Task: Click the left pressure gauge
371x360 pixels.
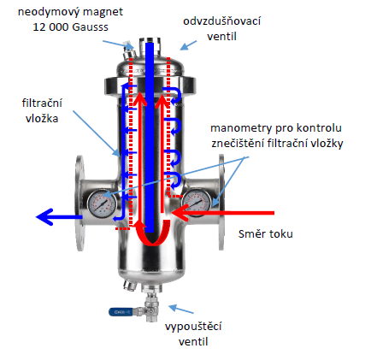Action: tap(102, 204)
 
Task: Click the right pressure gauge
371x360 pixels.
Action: tap(197, 203)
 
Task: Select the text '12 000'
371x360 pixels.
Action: tap(50, 27)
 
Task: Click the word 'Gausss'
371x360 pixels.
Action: tap(90, 27)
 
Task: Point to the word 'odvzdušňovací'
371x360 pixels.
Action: tap(221, 21)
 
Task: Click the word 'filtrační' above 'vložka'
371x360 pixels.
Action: tap(42, 103)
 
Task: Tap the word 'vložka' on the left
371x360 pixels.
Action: tap(42, 118)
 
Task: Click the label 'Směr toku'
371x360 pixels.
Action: tap(266, 233)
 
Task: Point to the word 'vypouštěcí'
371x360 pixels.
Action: tap(193, 326)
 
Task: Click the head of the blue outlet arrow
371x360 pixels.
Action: tap(45, 217)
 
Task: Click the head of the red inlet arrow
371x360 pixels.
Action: tap(180, 213)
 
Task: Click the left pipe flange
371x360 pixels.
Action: tap(80, 203)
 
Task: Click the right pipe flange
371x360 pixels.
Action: tap(221, 203)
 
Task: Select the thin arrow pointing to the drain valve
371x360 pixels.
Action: tap(181, 310)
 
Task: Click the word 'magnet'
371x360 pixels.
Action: tap(103, 13)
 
